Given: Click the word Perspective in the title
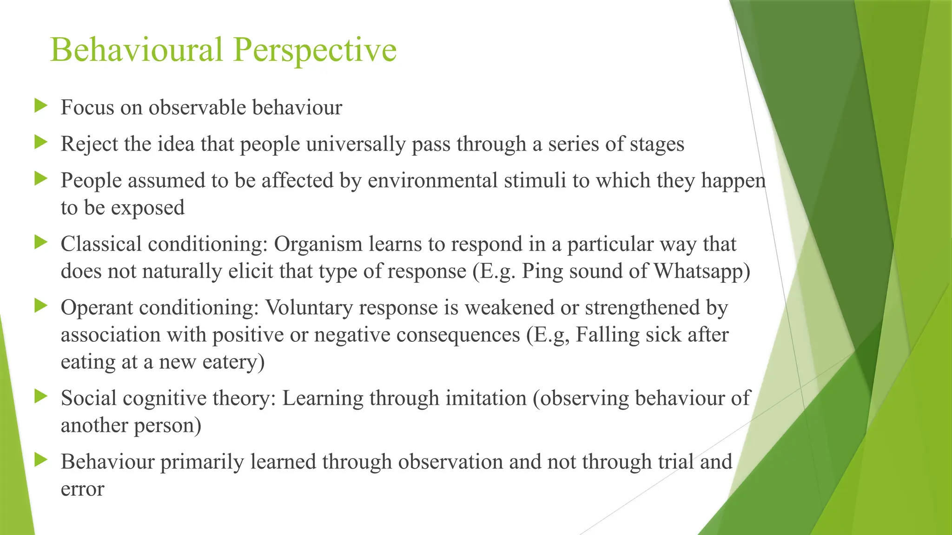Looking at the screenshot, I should tap(315, 50).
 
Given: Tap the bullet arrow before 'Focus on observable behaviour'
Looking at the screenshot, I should tap(41, 106).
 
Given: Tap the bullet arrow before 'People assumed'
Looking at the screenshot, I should tap(41, 179).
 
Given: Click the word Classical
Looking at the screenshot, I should tap(101, 244).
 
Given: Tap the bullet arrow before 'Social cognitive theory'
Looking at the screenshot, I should tap(41, 397).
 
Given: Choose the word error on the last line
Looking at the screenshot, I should tap(82, 489).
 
